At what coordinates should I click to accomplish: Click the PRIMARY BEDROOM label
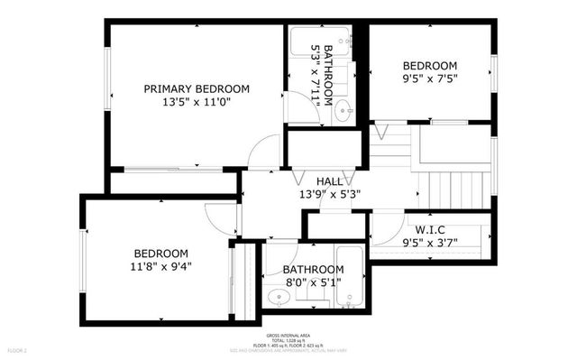tap(197, 88)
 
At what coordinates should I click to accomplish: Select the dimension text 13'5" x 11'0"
tap(197, 103)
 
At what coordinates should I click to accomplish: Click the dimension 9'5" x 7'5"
tap(429, 78)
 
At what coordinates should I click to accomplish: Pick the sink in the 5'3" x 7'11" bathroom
tap(343, 114)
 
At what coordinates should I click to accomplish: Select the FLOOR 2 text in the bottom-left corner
tap(18, 349)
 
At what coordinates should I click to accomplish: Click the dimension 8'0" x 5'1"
tap(313, 282)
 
